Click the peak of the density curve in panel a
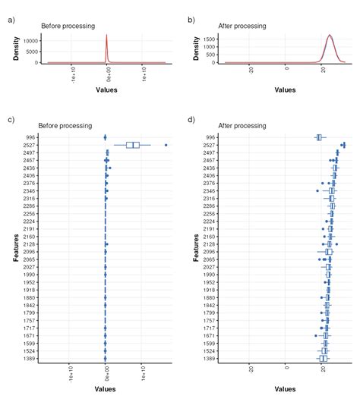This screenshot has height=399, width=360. [x=106, y=35]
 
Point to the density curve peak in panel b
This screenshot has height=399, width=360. [x=329, y=35]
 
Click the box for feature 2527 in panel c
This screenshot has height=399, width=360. [x=133, y=145]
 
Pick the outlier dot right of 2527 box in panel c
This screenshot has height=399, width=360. [x=166, y=145]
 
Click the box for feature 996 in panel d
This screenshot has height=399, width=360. [x=319, y=137]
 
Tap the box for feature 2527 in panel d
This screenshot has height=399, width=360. [x=343, y=145]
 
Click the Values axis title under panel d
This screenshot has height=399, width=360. [x=286, y=389]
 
